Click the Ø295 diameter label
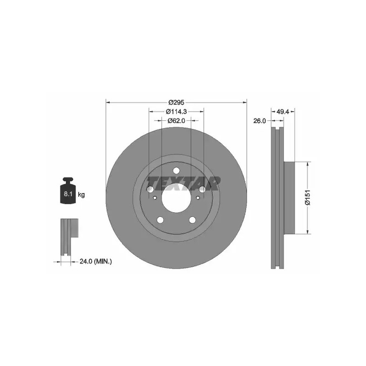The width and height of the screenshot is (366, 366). [176, 102]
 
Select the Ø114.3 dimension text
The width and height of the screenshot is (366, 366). [176, 112]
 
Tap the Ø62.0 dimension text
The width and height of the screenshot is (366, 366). [176, 121]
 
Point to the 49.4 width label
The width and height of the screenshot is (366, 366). [283, 112]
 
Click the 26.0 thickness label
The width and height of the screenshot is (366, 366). [259, 121]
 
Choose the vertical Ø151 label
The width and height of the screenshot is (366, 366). [308, 198]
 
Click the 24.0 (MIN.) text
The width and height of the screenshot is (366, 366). [96, 262]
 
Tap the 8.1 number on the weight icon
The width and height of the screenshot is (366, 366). [68, 194]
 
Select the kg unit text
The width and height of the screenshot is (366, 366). [81, 194]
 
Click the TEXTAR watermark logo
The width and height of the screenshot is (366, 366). [183, 183]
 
